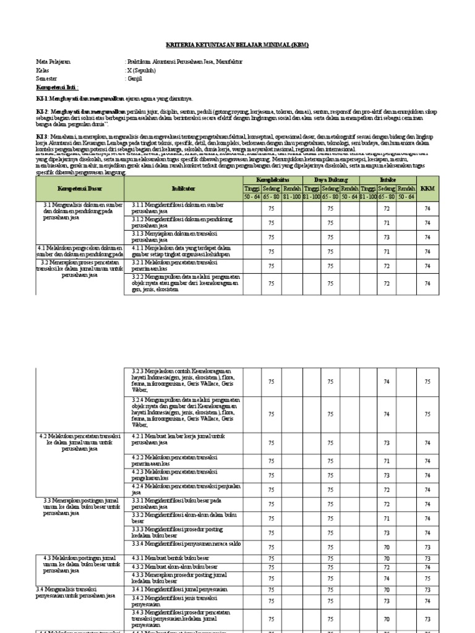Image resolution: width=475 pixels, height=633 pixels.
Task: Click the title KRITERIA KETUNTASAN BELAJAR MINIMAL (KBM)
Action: [237, 45]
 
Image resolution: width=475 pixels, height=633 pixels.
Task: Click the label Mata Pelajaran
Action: [53, 62]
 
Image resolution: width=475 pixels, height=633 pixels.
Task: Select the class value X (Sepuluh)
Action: [141, 70]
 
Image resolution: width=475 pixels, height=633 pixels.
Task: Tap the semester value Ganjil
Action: [135, 79]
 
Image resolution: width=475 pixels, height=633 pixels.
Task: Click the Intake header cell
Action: [387, 179]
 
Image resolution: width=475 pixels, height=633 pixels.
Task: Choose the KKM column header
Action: [427, 188]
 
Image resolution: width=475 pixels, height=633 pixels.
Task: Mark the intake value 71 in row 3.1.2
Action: [387, 223]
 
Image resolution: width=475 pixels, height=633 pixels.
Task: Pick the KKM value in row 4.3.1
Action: [427, 559]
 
